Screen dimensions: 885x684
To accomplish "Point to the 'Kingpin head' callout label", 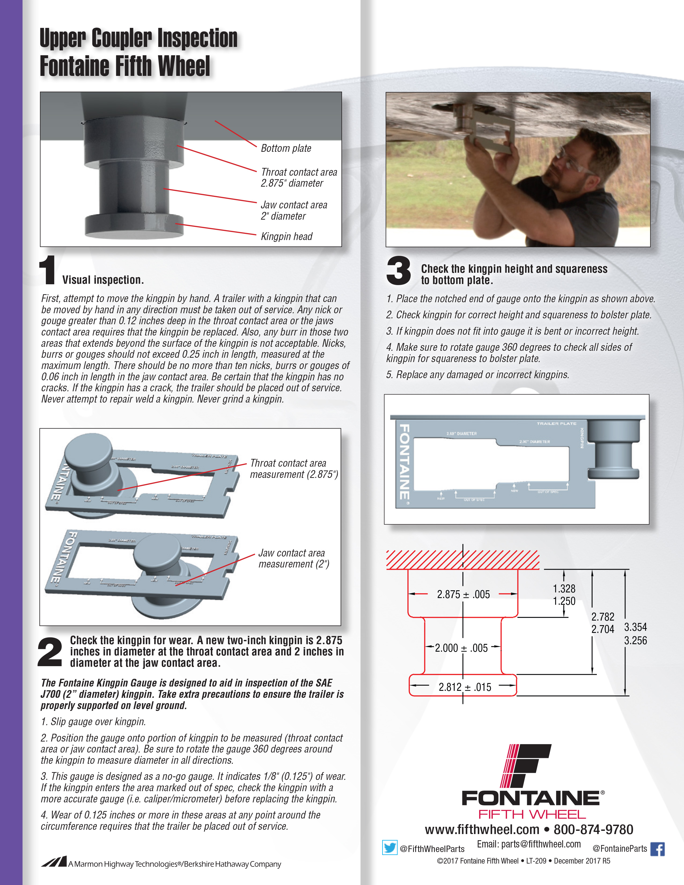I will tap(286, 236).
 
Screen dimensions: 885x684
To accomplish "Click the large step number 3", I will tap(398, 271).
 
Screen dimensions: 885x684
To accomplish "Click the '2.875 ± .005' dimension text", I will tap(463, 595).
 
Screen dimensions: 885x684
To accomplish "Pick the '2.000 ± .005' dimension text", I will tap(461, 648).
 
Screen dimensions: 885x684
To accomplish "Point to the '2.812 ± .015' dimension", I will tap(465, 687).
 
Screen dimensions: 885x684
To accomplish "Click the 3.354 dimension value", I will tap(635, 627).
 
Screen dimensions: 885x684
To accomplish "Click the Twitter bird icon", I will tap(389, 848).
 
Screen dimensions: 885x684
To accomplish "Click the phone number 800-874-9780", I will tap(593, 829).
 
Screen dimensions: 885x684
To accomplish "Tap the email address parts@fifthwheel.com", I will tap(541, 844).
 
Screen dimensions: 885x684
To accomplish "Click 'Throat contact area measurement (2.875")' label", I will tap(294, 469).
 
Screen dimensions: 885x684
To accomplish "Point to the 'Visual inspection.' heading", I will tap(103, 280).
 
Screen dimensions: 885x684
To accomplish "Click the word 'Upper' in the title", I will tap(62, 39).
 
